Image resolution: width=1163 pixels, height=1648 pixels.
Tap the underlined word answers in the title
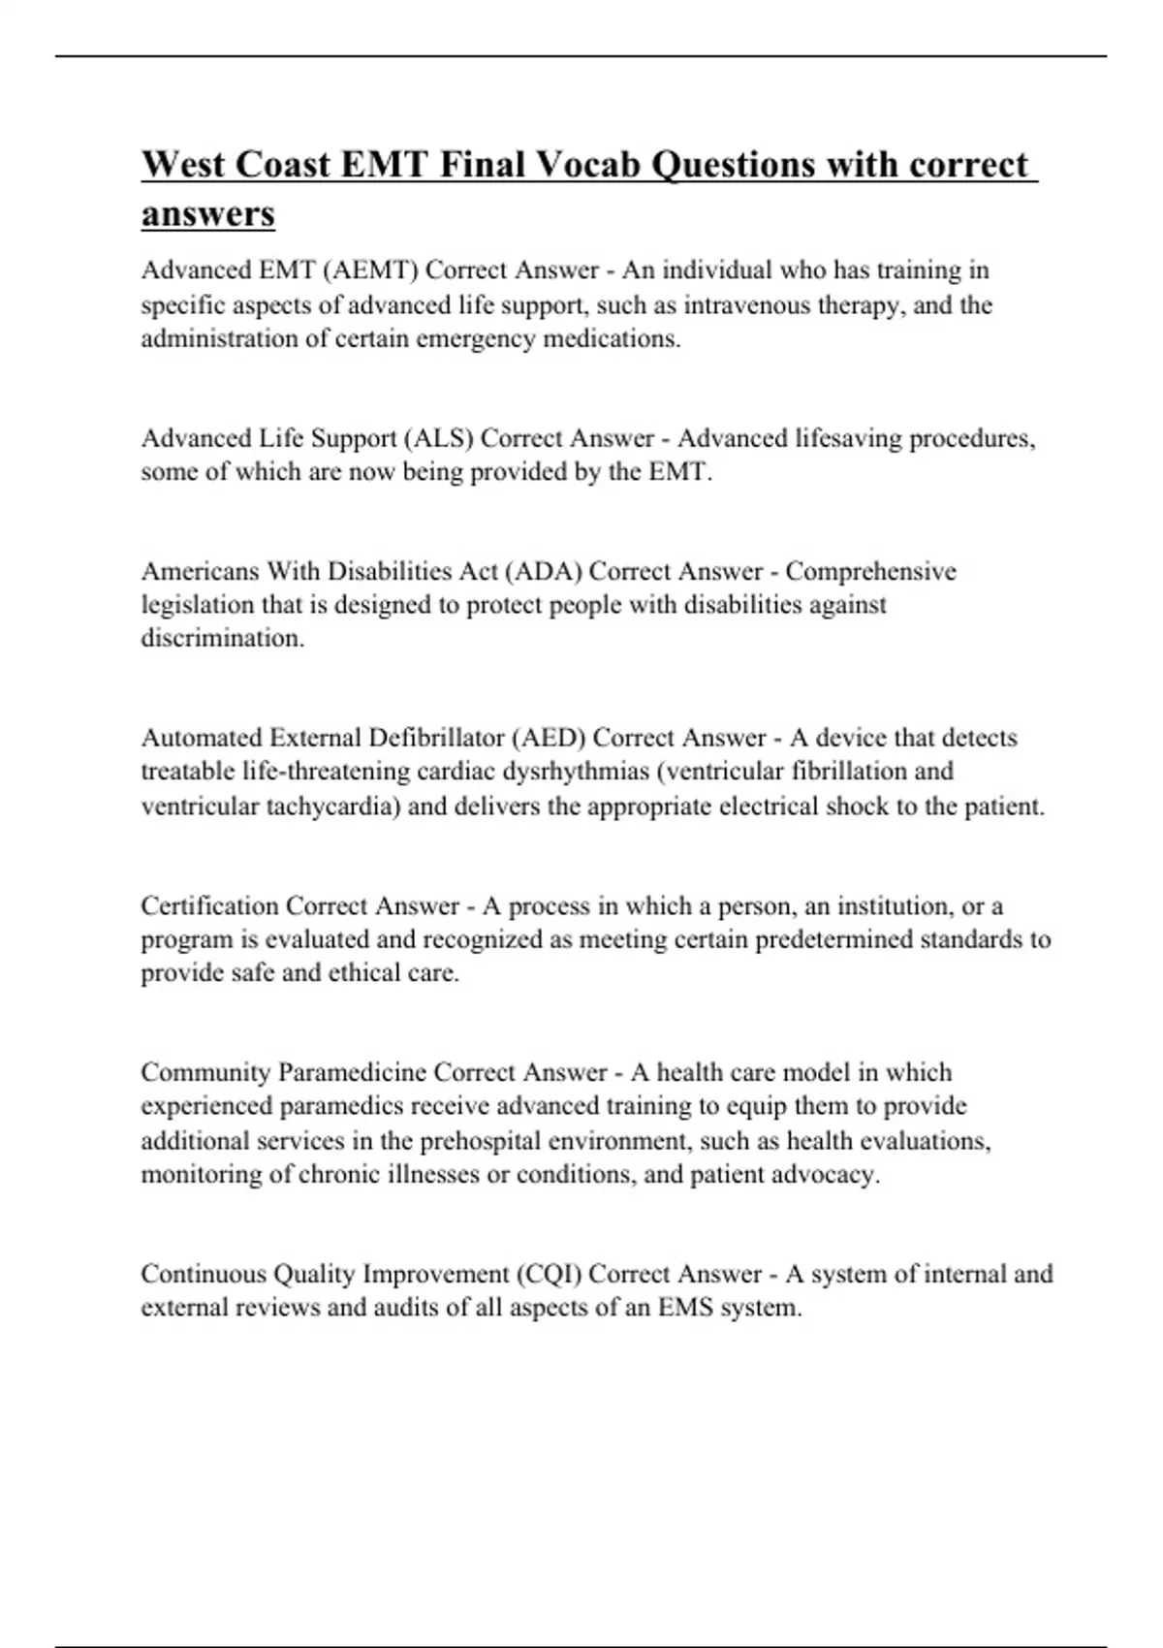(208, 214)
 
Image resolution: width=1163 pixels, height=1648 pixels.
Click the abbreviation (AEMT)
(373, 269)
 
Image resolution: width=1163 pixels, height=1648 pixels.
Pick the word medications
(612, 339)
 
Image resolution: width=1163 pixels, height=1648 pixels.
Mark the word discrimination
(223, 639)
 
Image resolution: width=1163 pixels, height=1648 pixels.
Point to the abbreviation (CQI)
(550, 1273)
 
